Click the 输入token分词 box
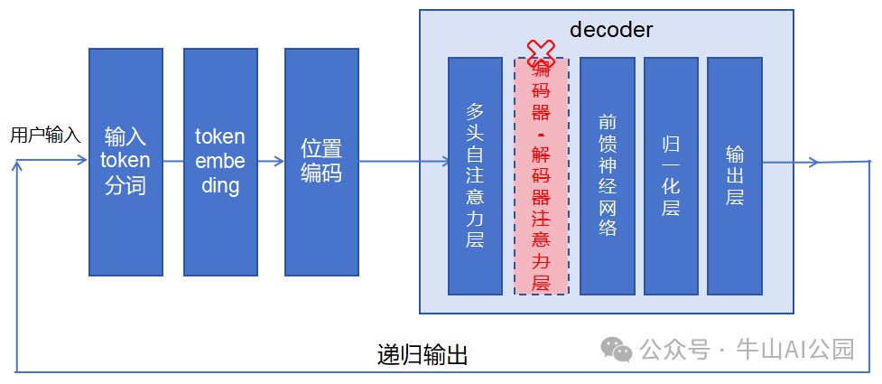tap(125, 162)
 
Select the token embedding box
tap(220, 162)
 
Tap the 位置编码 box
tap(321, 162)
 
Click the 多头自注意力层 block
tap(475, 175)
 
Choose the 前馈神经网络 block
tap(608, 175)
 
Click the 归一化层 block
tap(671, 175)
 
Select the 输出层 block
tap(735, 175)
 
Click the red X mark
tap(541, 52)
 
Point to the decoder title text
tap(611, 30)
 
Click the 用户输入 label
tap(45, 136)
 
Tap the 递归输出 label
tap(422, 355)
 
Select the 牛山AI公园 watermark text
tap(795, 349)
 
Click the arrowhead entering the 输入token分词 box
tap(83, 163)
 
